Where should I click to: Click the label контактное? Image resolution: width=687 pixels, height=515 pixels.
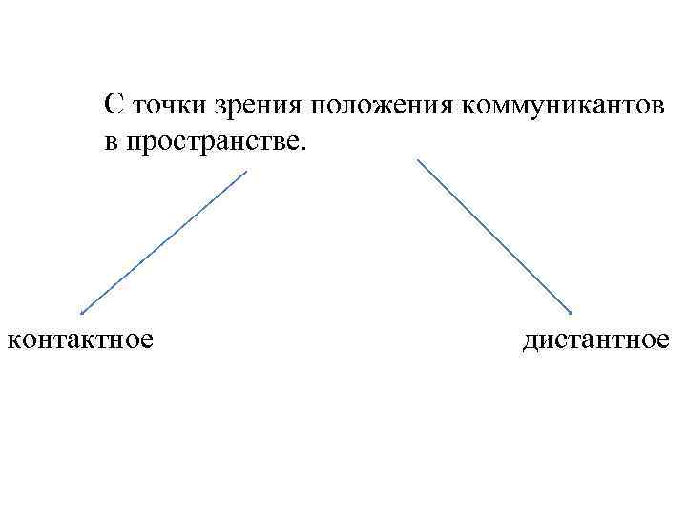(80, 339)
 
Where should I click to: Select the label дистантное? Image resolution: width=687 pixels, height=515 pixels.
(596, 339)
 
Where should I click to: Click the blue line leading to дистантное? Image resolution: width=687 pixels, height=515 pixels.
(494, 236)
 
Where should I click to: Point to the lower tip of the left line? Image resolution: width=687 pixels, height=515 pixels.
(81, 312)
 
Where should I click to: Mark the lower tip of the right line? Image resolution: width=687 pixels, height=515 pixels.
(571, 312)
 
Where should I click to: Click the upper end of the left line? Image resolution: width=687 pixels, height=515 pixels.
(246, 172)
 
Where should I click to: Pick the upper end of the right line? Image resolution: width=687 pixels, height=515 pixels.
(418, 159)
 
